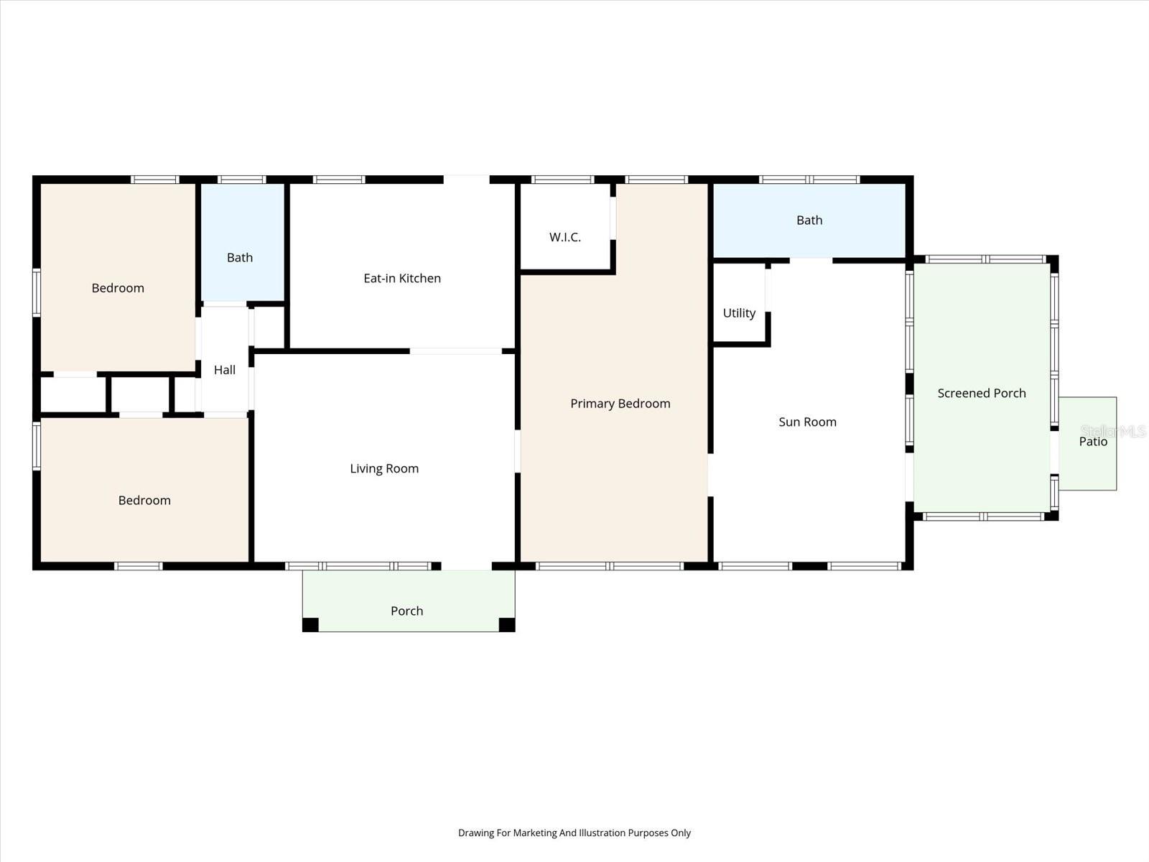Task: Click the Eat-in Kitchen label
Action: pos(402,279)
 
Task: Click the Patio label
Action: pos(1093,442)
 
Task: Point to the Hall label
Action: pos(225,370)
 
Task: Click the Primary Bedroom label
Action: pos(620,404)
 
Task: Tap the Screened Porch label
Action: pos(982,394)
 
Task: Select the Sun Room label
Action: pos(807,422)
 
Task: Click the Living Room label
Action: pos(384,469)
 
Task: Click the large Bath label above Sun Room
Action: pos(809,221)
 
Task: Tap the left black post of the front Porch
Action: pos(310,624)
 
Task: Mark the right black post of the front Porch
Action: pos(507,624)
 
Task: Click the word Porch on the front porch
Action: pos(406,611)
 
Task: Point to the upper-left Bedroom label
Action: pos(118,288)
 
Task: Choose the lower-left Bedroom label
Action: pos(144,501)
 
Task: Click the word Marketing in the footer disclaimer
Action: pos(534,833)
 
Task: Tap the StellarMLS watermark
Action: pos(1113,431)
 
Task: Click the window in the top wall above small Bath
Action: pos(242,180)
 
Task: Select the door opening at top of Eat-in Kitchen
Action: pos(466,180)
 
